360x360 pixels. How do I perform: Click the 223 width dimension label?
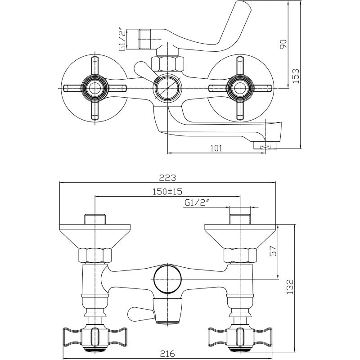167,178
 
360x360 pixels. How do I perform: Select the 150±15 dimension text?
167,191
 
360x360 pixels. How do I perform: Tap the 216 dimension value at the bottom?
167,353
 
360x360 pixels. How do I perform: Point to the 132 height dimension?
290,287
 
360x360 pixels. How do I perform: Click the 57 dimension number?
274,251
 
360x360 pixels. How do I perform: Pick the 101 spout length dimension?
216,148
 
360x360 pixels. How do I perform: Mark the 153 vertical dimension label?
296,76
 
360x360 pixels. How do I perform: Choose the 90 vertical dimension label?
283,44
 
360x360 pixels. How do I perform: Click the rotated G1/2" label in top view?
122,39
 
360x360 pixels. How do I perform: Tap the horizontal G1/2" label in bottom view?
197,203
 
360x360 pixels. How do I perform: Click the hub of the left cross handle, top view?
94,88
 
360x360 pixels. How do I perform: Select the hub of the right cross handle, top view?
240,88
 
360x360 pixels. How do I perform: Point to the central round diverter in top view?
167,88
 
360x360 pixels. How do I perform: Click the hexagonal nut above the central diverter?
167,64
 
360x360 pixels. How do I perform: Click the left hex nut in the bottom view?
95,255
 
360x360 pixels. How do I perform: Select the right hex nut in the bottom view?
240,255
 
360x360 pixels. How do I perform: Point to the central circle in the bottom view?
167,279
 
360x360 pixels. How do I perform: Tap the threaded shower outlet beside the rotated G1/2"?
145,39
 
